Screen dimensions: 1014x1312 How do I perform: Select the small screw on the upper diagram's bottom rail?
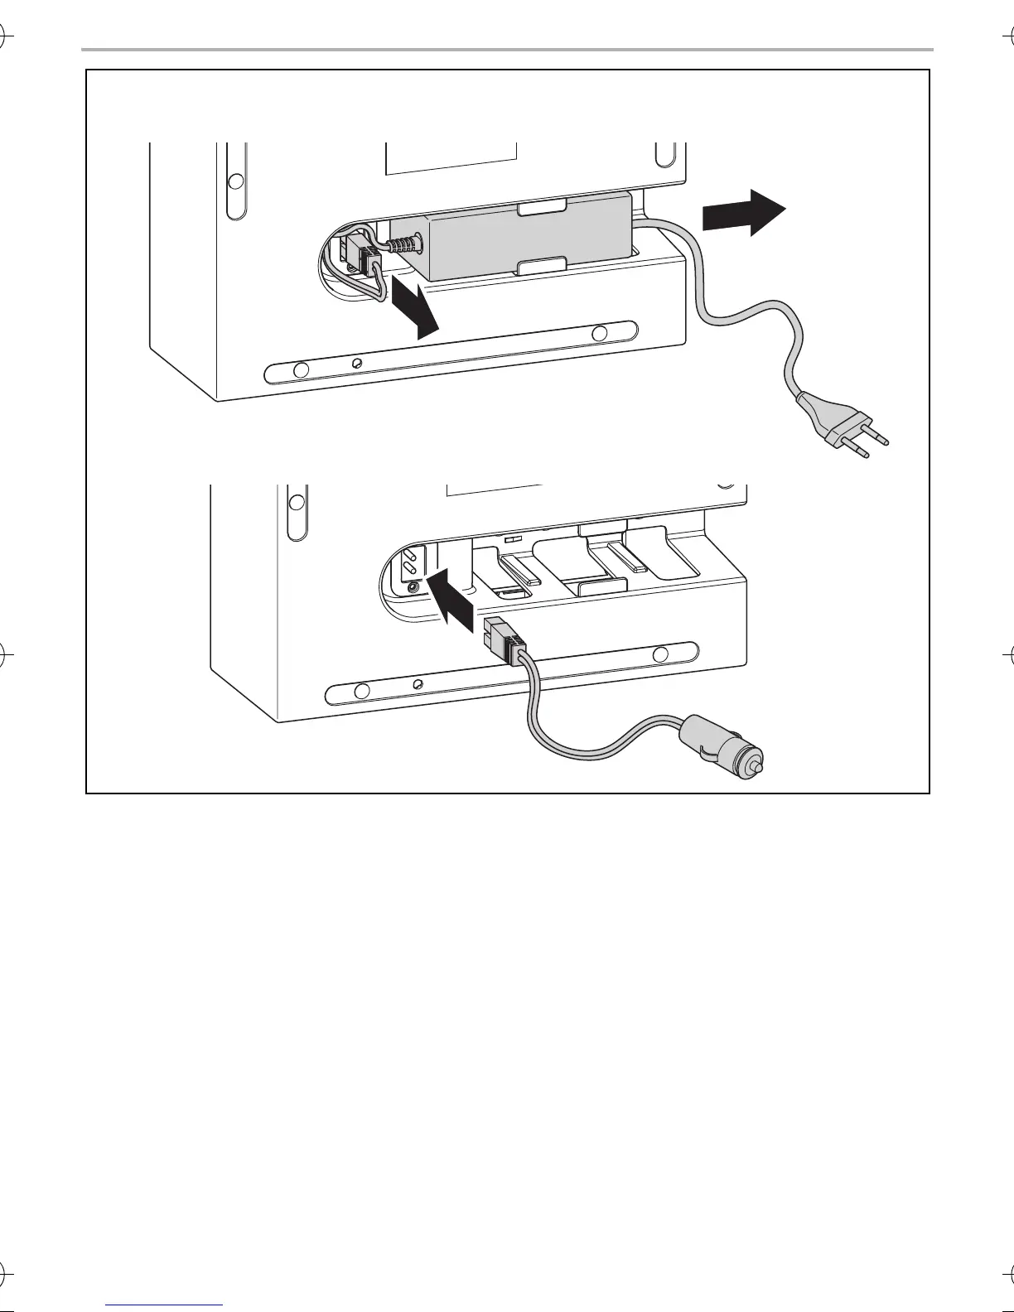click(x=357, y=364)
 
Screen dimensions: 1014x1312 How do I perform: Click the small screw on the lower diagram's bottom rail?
click(x=418, y=683)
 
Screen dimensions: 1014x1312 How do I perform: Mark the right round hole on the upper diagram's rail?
click(x=600, y=333)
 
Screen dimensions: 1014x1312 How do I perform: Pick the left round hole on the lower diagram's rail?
click(x=361, y=692)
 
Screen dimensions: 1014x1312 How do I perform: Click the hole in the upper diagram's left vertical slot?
click(x=236, y=181)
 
